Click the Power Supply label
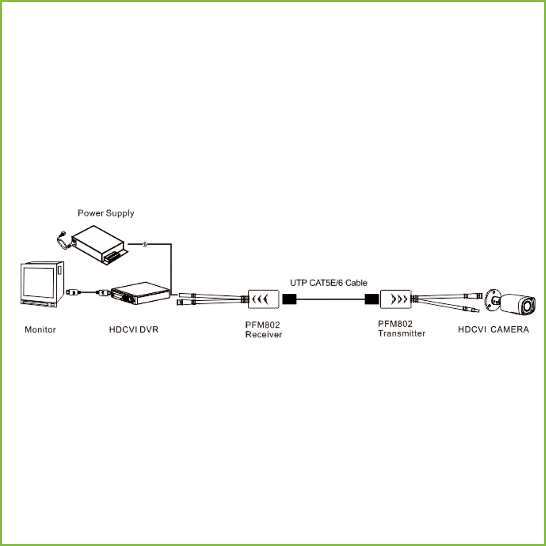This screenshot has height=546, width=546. pyautogui.click(x=106, y=213)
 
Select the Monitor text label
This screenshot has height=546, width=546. pyautogui.click(x=40, y=330)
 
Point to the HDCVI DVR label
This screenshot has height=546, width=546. pyautogui.click(x=133, y=330)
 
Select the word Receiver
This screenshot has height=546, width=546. pyautogui.click(x=263, y=335)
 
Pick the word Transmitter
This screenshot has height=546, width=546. pyautogui.click(x=402, y=334)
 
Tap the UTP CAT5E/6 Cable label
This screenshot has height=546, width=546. pyautogui.click(x=328, y=283)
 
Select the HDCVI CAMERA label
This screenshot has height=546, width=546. pyautogui.click(x=493, y=330)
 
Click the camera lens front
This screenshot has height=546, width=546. pyautogui.click(x=528, y=307)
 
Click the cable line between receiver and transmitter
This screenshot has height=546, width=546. pyautogui.click(x=331, y=299)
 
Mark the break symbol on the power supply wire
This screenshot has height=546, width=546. pyautogui.click(x=145, y=244)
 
